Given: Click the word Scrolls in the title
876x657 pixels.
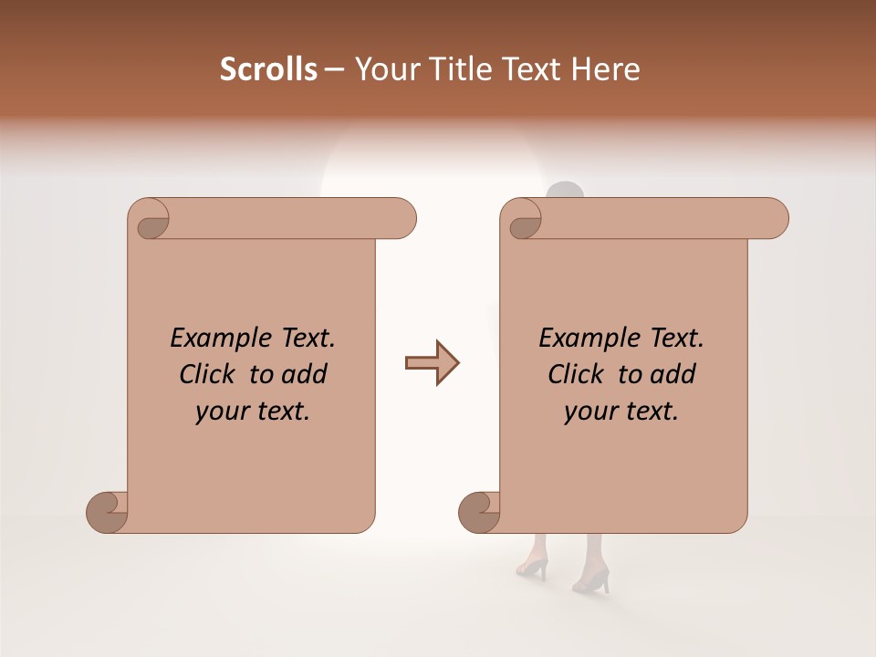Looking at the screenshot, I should click(268, 69).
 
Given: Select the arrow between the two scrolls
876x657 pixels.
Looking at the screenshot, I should click(432, 363).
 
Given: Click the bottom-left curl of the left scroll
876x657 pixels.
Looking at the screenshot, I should click(107, 512).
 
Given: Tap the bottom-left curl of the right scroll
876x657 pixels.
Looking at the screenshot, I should click(478, 512).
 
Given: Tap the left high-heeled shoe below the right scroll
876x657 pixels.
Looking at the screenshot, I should click(532, 567).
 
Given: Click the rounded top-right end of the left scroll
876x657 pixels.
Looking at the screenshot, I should click(402, 219).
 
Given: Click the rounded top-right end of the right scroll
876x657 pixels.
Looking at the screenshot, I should click(775, 219).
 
